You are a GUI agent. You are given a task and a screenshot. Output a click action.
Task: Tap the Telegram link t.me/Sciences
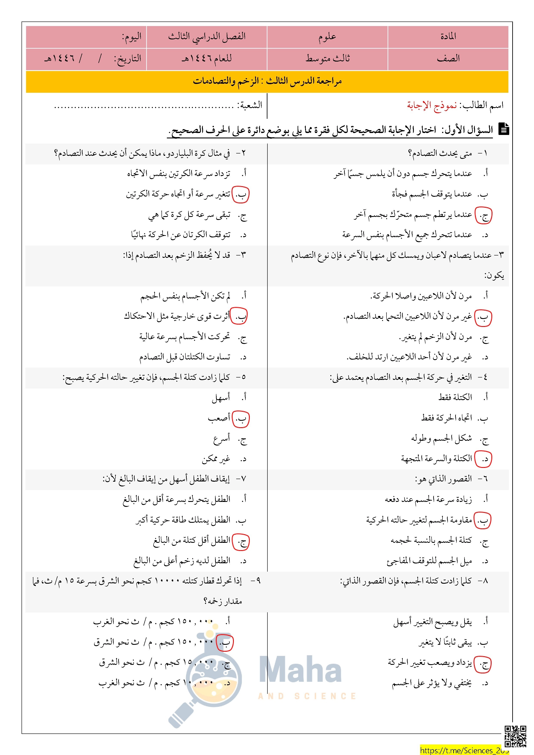click(x=464, y=750)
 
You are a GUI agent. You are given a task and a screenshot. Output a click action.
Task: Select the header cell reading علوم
click(x=327, y=37)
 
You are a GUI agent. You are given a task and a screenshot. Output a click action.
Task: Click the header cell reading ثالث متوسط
click(x=327, y=59)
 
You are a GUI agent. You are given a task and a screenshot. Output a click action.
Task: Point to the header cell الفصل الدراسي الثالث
click(x=207, y=37)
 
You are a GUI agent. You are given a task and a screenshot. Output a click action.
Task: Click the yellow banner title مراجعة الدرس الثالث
click(x=267, y=81)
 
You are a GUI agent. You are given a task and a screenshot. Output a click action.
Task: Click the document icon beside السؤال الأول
click(x=503, y=129)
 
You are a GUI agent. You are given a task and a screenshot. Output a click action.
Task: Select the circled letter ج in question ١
click(x=483, y=216)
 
